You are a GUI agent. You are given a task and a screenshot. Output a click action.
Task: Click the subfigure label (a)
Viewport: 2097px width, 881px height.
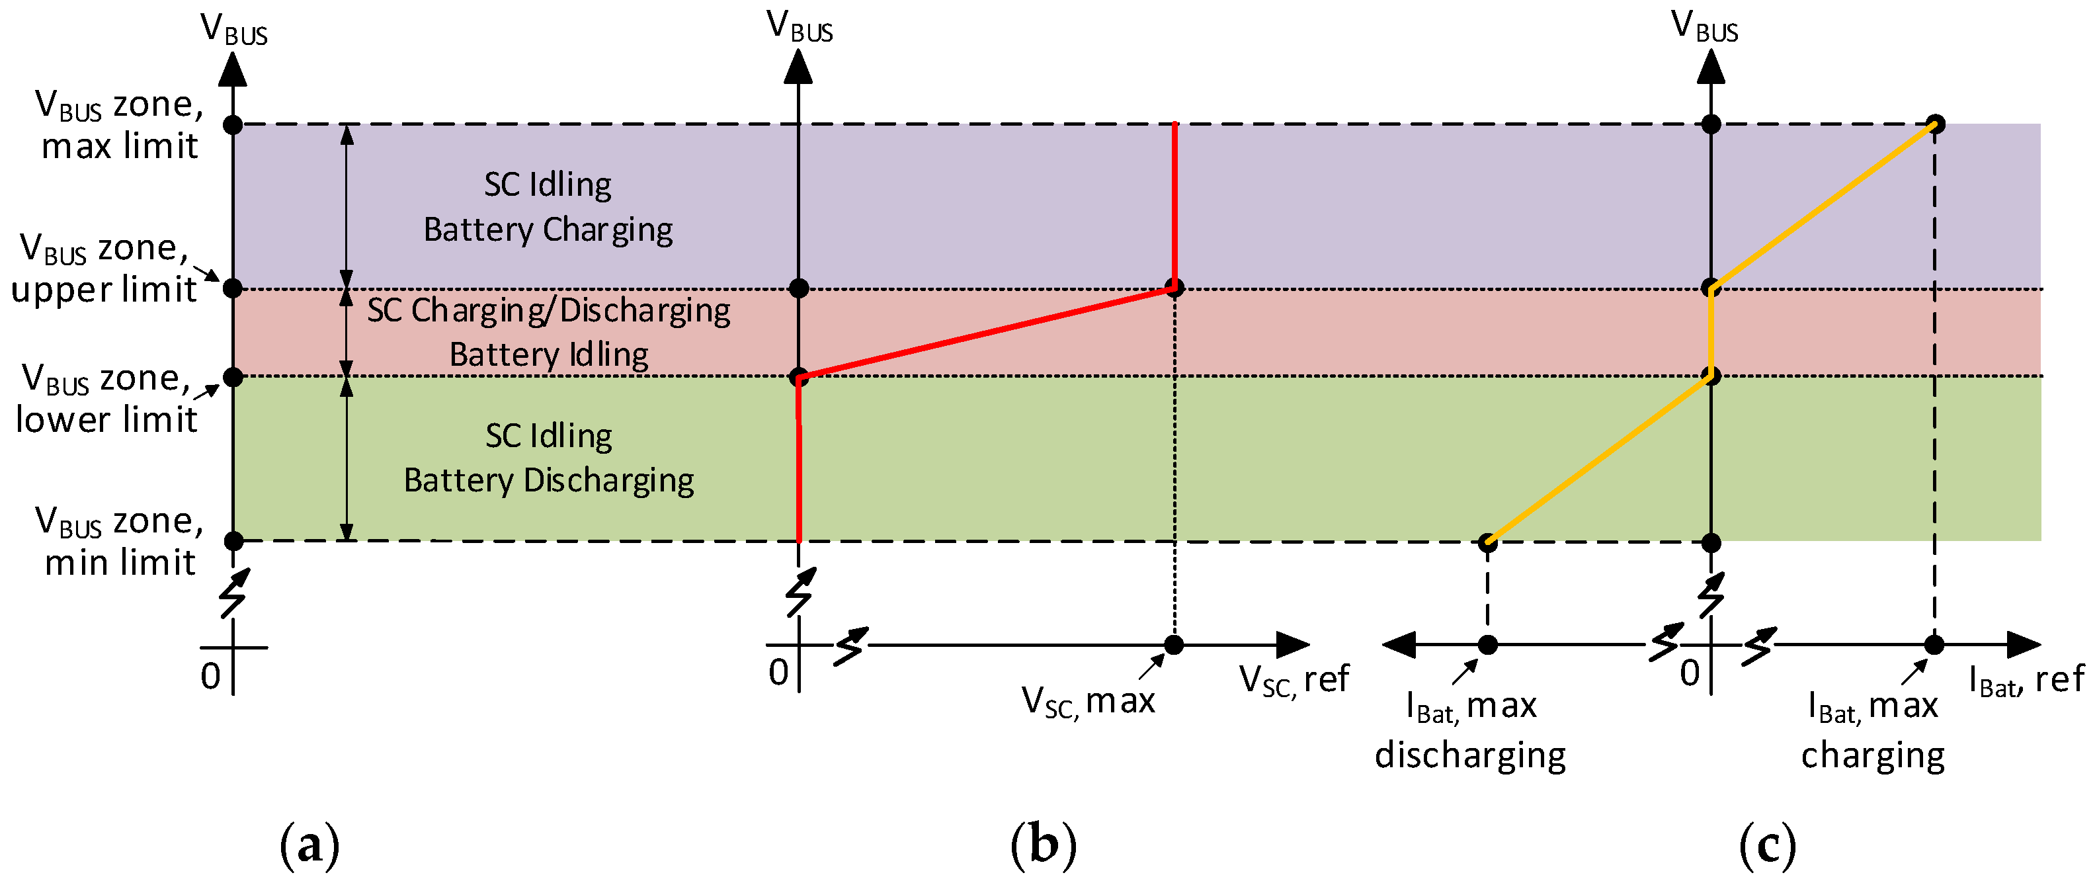point(309,846)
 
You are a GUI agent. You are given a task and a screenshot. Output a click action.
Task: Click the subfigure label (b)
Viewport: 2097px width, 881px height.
point(1043,846)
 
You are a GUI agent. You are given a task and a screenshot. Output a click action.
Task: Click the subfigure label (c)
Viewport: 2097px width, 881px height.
point(1766,846)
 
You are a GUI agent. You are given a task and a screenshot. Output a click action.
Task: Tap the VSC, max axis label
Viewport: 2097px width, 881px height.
point(1088,701)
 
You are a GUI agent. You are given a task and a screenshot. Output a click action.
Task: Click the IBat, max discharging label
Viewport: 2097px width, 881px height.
point(1470,730)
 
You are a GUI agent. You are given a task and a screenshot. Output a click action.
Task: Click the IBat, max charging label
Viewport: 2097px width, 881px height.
point(1872,730)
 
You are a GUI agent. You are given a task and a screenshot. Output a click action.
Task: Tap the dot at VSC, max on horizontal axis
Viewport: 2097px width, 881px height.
point(1173,645)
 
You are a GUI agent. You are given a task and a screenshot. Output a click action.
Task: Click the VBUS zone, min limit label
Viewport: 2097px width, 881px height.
point(119,542)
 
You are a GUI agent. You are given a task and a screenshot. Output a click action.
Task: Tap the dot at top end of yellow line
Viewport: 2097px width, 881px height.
point(1935,124)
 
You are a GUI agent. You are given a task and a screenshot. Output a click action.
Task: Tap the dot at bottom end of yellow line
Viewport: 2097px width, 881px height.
point(1487,542)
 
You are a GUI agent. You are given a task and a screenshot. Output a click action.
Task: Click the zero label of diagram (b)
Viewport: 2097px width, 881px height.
point(778,673)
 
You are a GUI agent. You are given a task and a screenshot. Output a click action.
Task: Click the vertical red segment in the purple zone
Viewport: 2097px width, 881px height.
point(1174,204)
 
